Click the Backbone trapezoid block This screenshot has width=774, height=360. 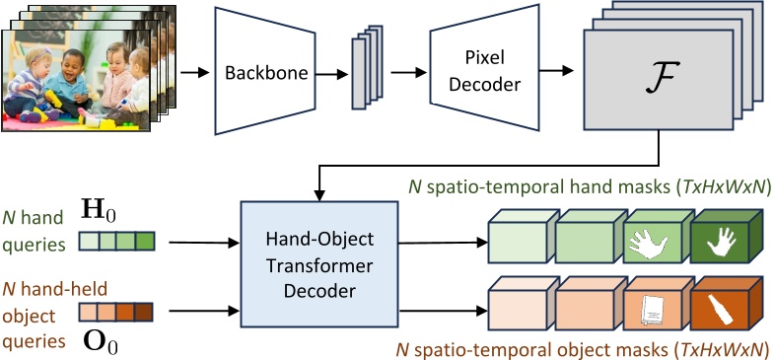(x=263, y=73)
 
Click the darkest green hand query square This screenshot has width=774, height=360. (x=146, y=240)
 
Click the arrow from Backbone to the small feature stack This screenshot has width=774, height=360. (x=331, y=73)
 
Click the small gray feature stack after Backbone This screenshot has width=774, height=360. (x=366, y=71)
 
